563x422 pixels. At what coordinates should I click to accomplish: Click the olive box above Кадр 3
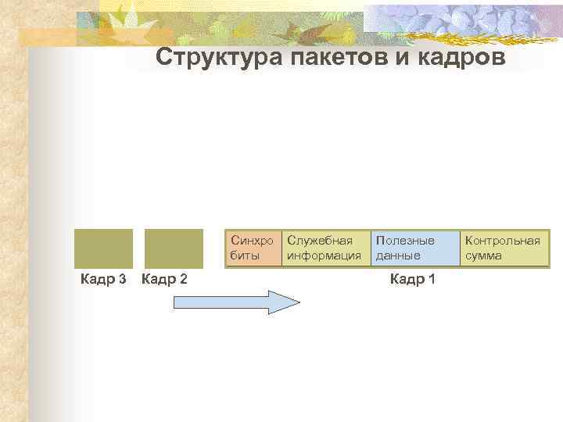pos(103,249)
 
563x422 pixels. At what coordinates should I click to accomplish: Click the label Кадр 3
pos(104,280)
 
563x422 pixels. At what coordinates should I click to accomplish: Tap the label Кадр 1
pos(412,280)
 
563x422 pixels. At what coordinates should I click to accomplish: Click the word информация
pos(324,256)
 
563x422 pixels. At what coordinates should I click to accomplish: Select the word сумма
pos(483,256)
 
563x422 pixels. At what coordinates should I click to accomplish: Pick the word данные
pos(398,256)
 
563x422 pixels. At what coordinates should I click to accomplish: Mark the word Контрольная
pos(503,241)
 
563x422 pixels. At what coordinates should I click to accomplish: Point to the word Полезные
pos(405,241)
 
